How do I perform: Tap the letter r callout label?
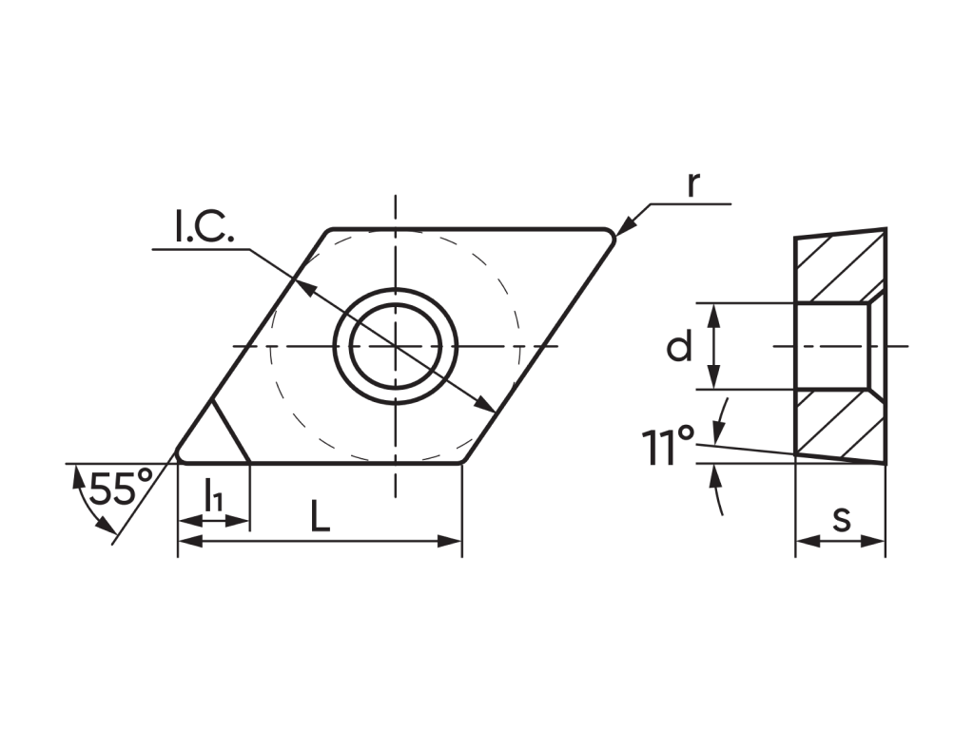pyautogui.click(x=693, y=183)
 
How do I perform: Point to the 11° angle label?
pyautogui.click(x=667, y=445)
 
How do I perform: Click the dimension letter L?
pyautogui.click(x=320, y=516)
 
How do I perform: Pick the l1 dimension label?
pyautogui.click(x=213, y=494)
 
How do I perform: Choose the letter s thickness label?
pyautogui.click(x=842, y=519)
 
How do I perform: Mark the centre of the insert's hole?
pyautogui.click(x=396, y=346)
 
